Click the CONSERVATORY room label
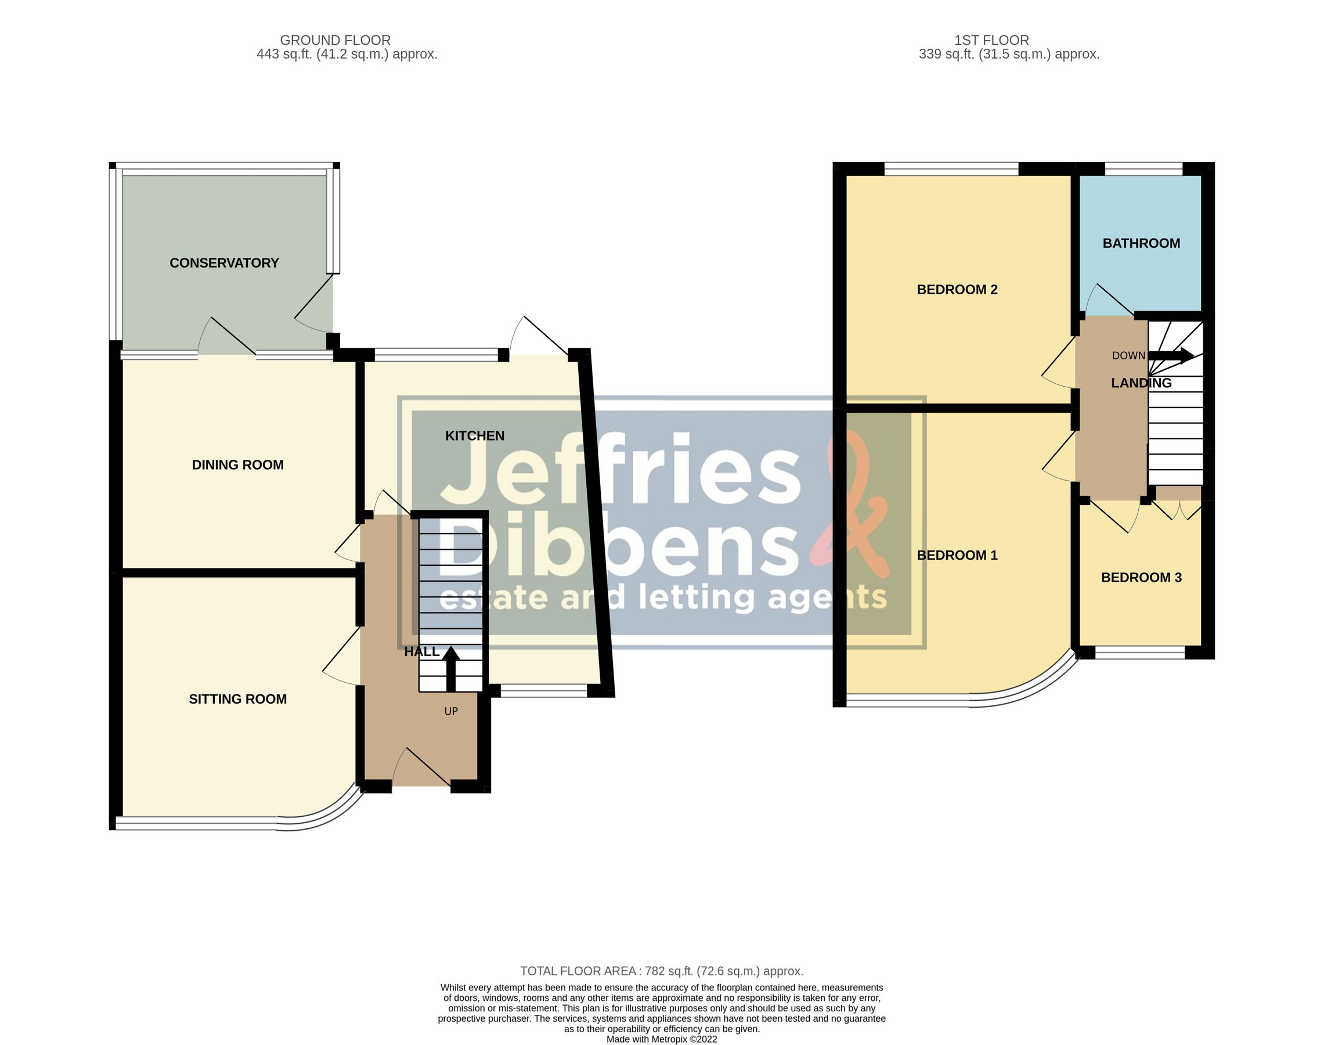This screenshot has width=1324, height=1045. (224, 263)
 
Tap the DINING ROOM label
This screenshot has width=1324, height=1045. (237, 465)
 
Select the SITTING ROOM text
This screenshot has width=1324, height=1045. (237, 700)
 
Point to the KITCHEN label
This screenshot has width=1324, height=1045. (475, 436)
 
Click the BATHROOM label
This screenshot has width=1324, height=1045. (1141, 243)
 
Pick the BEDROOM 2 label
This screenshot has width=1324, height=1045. (957, 290)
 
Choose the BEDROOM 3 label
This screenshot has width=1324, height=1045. (1141, 578)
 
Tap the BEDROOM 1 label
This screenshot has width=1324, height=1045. (957, 556)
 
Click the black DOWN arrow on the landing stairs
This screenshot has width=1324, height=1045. (1171, 356)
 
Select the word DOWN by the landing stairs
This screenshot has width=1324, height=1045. (1128, 356)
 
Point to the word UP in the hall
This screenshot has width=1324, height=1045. (450, 712)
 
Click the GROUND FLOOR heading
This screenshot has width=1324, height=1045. (335, 41)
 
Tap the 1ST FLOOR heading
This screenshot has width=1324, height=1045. (991, 41)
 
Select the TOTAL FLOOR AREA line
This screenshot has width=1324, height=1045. (661, 971)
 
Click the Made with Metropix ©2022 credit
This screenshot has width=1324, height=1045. (661, 1039)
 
